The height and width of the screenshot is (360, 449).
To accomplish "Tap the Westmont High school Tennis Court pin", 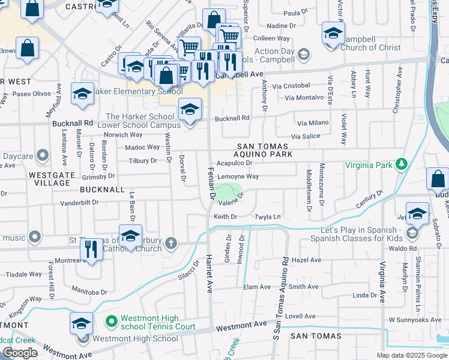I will [110, 322].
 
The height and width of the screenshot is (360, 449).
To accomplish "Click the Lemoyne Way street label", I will [238, 176].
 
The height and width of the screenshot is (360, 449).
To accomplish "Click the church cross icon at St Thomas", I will [172, 243].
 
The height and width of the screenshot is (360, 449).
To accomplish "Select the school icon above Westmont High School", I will [81, 323].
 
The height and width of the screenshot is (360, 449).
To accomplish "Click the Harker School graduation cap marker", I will [190, 109].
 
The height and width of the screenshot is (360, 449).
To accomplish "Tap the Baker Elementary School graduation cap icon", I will [82, 94].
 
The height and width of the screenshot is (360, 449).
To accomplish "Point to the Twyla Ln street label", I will [268, 216].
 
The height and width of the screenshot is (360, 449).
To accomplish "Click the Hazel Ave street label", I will [307, 260].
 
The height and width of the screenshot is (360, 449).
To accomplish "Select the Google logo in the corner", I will [20, 353].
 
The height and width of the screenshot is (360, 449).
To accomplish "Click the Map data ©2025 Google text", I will [412, 355].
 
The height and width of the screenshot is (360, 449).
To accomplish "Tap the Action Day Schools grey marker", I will [304, 55].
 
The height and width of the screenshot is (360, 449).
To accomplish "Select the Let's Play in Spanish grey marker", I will [412, 233].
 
